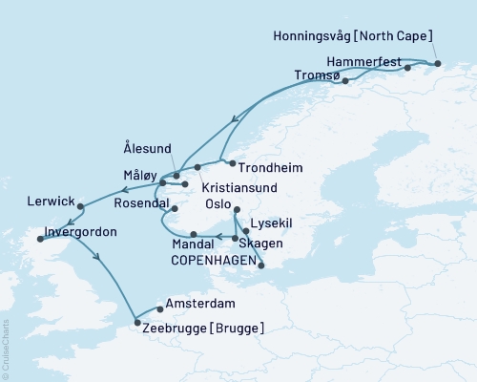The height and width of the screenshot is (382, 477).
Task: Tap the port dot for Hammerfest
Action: pos(407,68)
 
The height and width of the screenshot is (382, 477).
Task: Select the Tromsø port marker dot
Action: pos(345,81)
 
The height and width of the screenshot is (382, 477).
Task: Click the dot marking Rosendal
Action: pos(174,208)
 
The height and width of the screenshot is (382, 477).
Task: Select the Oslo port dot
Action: pos(237,211)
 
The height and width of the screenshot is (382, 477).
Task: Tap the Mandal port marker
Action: pos(193,234)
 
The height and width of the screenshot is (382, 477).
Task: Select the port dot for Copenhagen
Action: pos(262,267)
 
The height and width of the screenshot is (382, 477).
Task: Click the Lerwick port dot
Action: pos(81,205)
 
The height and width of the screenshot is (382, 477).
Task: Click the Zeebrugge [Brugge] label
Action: pos(203,329)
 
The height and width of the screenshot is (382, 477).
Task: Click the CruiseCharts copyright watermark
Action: pos(6,349)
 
